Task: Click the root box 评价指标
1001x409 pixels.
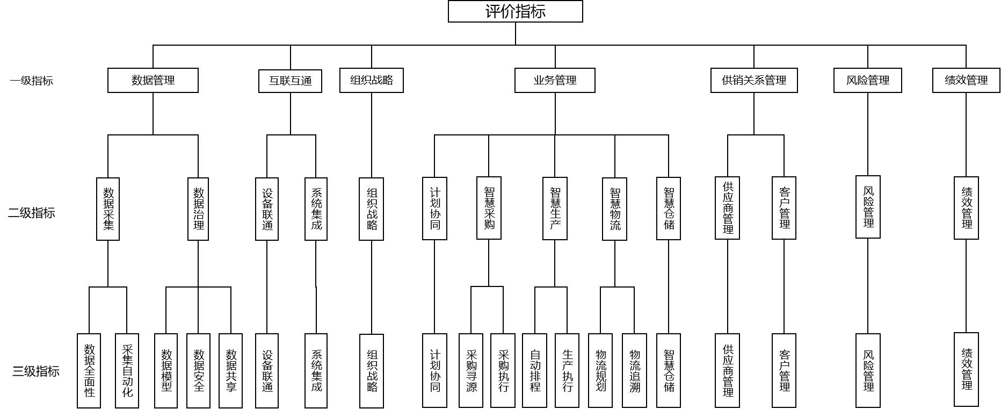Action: [515, 11]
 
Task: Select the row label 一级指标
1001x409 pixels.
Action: [31, 81]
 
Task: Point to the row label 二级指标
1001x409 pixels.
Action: [31, 213]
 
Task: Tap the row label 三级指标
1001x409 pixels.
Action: [35, 371]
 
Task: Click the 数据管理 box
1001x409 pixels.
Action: [153, 81]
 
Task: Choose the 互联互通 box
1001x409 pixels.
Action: [290, 81]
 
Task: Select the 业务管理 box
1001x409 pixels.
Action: [555, 81]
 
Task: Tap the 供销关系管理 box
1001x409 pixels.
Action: [754, 81]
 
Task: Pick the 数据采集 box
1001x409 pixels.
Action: [108, 209]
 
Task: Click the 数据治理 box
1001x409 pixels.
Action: [198, 209]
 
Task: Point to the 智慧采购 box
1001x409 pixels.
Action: [489, 208]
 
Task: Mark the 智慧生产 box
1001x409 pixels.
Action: [555, 209]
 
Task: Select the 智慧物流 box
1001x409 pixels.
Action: [614, 209]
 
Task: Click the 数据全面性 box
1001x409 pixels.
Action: [89, 371]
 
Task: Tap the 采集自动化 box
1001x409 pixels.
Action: [127, 371]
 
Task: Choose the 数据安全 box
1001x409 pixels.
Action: [198, 371]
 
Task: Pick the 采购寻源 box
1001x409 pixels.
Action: [471, 371]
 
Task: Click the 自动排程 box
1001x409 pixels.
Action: [535, 371]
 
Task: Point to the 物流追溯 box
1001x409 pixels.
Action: [634, 371]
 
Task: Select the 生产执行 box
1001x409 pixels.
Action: [567, 371]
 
